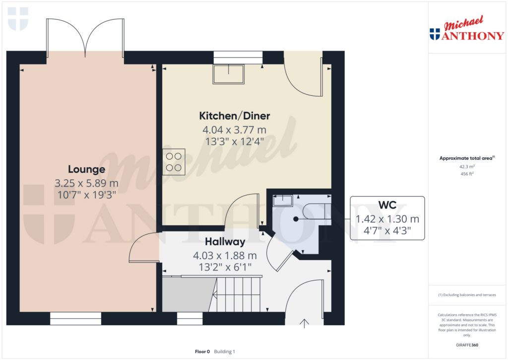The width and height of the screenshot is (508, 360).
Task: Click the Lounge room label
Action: [x=87, y=170]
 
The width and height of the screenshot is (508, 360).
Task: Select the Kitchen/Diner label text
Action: [x=234, y=116]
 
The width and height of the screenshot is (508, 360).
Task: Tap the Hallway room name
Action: [x=225, y=242]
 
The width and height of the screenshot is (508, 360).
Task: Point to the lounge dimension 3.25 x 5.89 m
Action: [x=87, y=183]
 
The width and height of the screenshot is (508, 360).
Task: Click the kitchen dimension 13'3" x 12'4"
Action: [x=234, y=141]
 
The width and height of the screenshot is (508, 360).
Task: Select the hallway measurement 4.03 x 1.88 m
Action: [x=225, y=256]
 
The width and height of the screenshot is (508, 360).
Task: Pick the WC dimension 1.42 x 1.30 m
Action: [x=387, y=218]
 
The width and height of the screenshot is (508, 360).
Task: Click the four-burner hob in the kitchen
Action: [x=174, y=161]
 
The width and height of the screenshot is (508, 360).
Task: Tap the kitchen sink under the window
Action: [x=228, y=74]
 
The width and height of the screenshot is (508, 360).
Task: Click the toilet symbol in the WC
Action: [x=314, y=212]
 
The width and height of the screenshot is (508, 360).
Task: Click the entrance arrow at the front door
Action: [x=304, y=323]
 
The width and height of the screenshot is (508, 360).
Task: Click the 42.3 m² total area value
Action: [x=466, y=167]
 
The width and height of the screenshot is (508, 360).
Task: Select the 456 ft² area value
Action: [x=466, y=174]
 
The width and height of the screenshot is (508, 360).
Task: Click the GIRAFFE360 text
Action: [x=466, y=345]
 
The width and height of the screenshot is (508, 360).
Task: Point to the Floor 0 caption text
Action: [x=202, y=352]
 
